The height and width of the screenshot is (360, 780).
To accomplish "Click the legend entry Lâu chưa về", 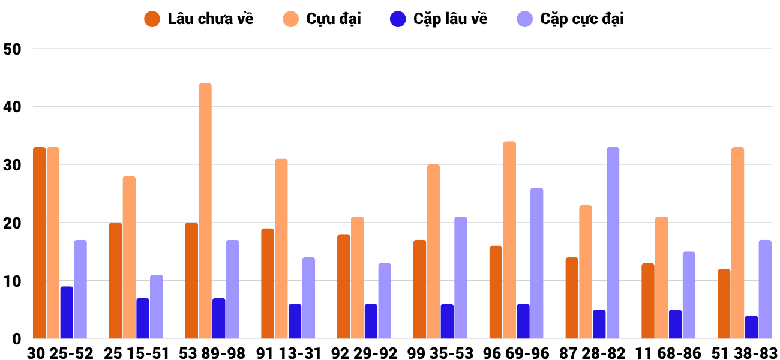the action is (199, 19).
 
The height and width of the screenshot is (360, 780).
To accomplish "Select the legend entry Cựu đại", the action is (322, 19).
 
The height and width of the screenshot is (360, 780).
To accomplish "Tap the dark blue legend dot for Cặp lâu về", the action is (398, 19).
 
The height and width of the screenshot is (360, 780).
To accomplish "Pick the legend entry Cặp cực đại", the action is (571, 19).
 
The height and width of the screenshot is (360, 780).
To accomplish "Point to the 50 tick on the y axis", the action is (12, 49).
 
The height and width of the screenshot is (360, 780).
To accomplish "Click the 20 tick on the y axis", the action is (12, 223).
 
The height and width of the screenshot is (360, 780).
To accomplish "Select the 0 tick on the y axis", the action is (17, 339).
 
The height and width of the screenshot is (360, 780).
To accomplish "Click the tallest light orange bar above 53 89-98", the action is (205, 211).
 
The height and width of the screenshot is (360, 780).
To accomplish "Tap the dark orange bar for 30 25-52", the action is (40, 243).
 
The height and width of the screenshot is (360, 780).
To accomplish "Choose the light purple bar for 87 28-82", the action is (613, 243).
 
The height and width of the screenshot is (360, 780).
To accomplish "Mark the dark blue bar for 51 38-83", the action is (751, 327).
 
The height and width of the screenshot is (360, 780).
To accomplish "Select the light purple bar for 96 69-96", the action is (537, 263).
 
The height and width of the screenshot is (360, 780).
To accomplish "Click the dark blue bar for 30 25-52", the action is (67, 313).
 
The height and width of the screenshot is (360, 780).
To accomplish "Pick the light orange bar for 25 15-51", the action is (129, 257).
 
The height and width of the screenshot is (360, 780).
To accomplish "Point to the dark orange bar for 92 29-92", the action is (344, 287).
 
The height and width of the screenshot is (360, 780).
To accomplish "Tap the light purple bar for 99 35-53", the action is (461, 278).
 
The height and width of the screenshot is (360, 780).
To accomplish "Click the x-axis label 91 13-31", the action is (289, 353).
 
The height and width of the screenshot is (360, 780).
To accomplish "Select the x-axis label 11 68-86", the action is (668, 353).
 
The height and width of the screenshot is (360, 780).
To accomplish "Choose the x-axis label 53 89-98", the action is (212, 353).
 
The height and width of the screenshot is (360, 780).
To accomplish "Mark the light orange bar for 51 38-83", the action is (738, 243).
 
